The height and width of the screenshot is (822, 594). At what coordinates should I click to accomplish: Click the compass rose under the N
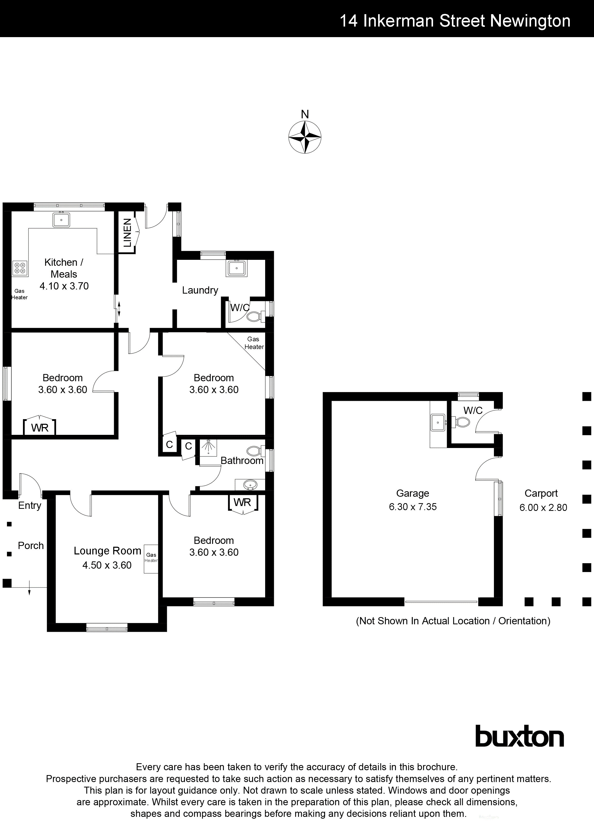(x=305, y=137)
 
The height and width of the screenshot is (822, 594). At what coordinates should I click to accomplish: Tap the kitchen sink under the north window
(x=61, y=220)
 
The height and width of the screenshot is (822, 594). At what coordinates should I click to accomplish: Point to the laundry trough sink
(x=237, y=269)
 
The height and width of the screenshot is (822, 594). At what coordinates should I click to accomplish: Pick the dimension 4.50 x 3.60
(x=107, y=565)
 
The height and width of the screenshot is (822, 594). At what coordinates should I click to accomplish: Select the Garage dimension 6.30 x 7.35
(x=413, y=507)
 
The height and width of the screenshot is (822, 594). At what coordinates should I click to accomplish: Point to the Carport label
(x=541, y=493)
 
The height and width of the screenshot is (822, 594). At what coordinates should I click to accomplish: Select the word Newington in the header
(x=530, y=21)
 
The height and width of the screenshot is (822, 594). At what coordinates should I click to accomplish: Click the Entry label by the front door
(x=30, y=505)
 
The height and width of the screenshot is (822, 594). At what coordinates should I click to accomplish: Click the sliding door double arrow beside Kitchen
(x=119, y=309)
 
